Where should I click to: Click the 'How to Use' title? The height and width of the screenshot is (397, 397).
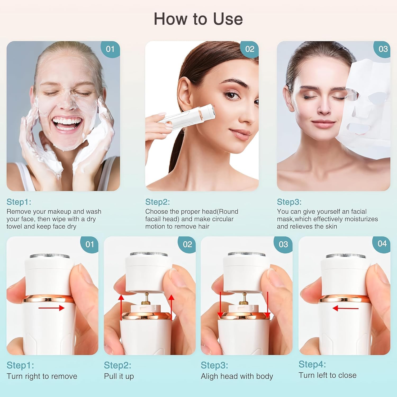click(x=198, y=19)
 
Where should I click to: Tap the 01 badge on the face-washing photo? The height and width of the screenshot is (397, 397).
click(x=110, y=49)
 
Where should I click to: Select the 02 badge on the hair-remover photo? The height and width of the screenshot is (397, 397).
click(x=250, y=49)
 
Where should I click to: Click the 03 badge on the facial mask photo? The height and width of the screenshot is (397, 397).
click(x=383, y=49)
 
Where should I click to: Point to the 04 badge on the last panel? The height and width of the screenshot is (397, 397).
click(x=382, y=243)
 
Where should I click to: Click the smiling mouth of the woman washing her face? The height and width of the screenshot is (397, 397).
click(x=67, y=123)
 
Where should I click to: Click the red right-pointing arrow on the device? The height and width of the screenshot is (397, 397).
click(x=52, y=308)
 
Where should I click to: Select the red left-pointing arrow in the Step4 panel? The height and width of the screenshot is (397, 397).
click(x=345, y=308)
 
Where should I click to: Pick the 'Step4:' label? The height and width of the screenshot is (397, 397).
click(x=312, y=364)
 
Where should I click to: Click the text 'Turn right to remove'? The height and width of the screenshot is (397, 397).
click(x=42, y=376)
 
